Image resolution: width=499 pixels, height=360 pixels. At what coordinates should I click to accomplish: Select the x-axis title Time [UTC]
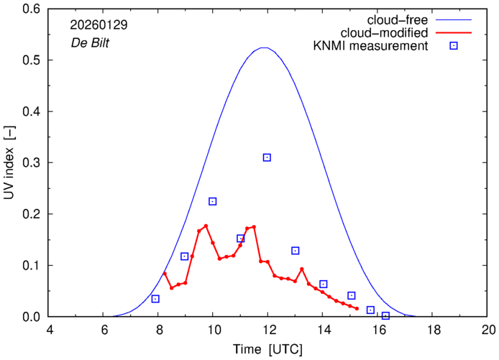pos(267,349)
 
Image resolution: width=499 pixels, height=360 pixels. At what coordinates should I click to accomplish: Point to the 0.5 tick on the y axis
pos(31,60)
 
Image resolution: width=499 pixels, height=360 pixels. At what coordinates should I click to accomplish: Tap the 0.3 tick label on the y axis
pos(31,163)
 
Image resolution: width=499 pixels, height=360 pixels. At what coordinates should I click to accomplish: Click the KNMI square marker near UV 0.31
pos(267,157)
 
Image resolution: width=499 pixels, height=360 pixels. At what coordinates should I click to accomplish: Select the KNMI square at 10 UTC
pos(212,201)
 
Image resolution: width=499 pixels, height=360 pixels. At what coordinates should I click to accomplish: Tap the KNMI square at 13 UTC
pos(295,251)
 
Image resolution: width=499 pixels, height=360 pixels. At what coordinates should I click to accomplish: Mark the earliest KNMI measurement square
pos(155,299)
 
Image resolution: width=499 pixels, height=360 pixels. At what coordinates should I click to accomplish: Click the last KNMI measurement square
pos(385,315)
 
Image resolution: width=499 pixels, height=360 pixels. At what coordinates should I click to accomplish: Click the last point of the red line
pos(357,308)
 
